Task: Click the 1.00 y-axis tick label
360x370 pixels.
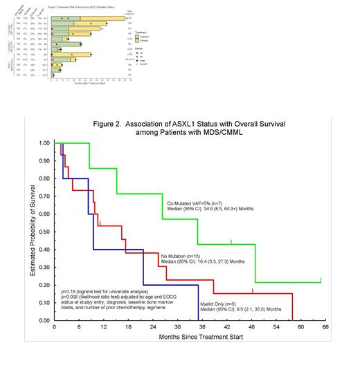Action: pos(44,143)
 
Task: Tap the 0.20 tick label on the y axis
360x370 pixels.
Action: pos(44,285)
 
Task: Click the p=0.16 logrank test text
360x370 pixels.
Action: pos(105,293)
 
